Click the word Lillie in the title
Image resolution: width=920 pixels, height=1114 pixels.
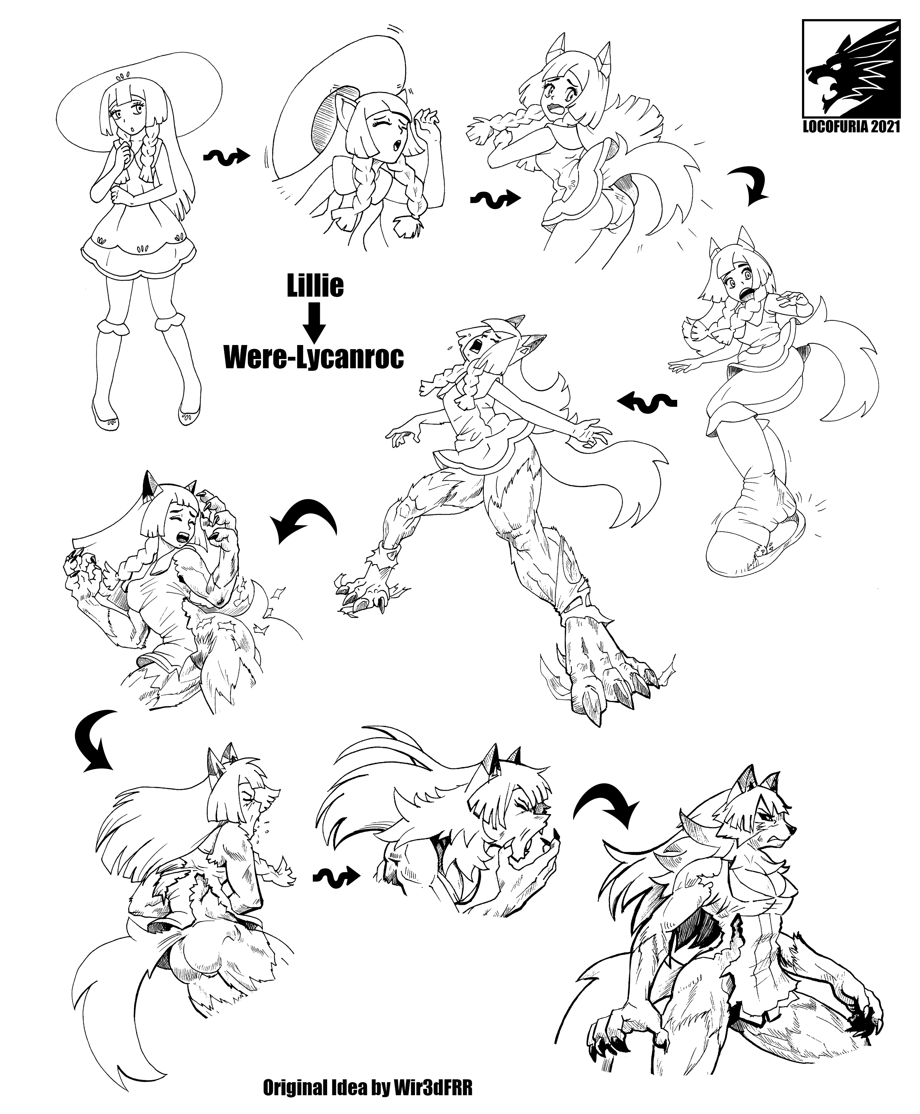point(315,287)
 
